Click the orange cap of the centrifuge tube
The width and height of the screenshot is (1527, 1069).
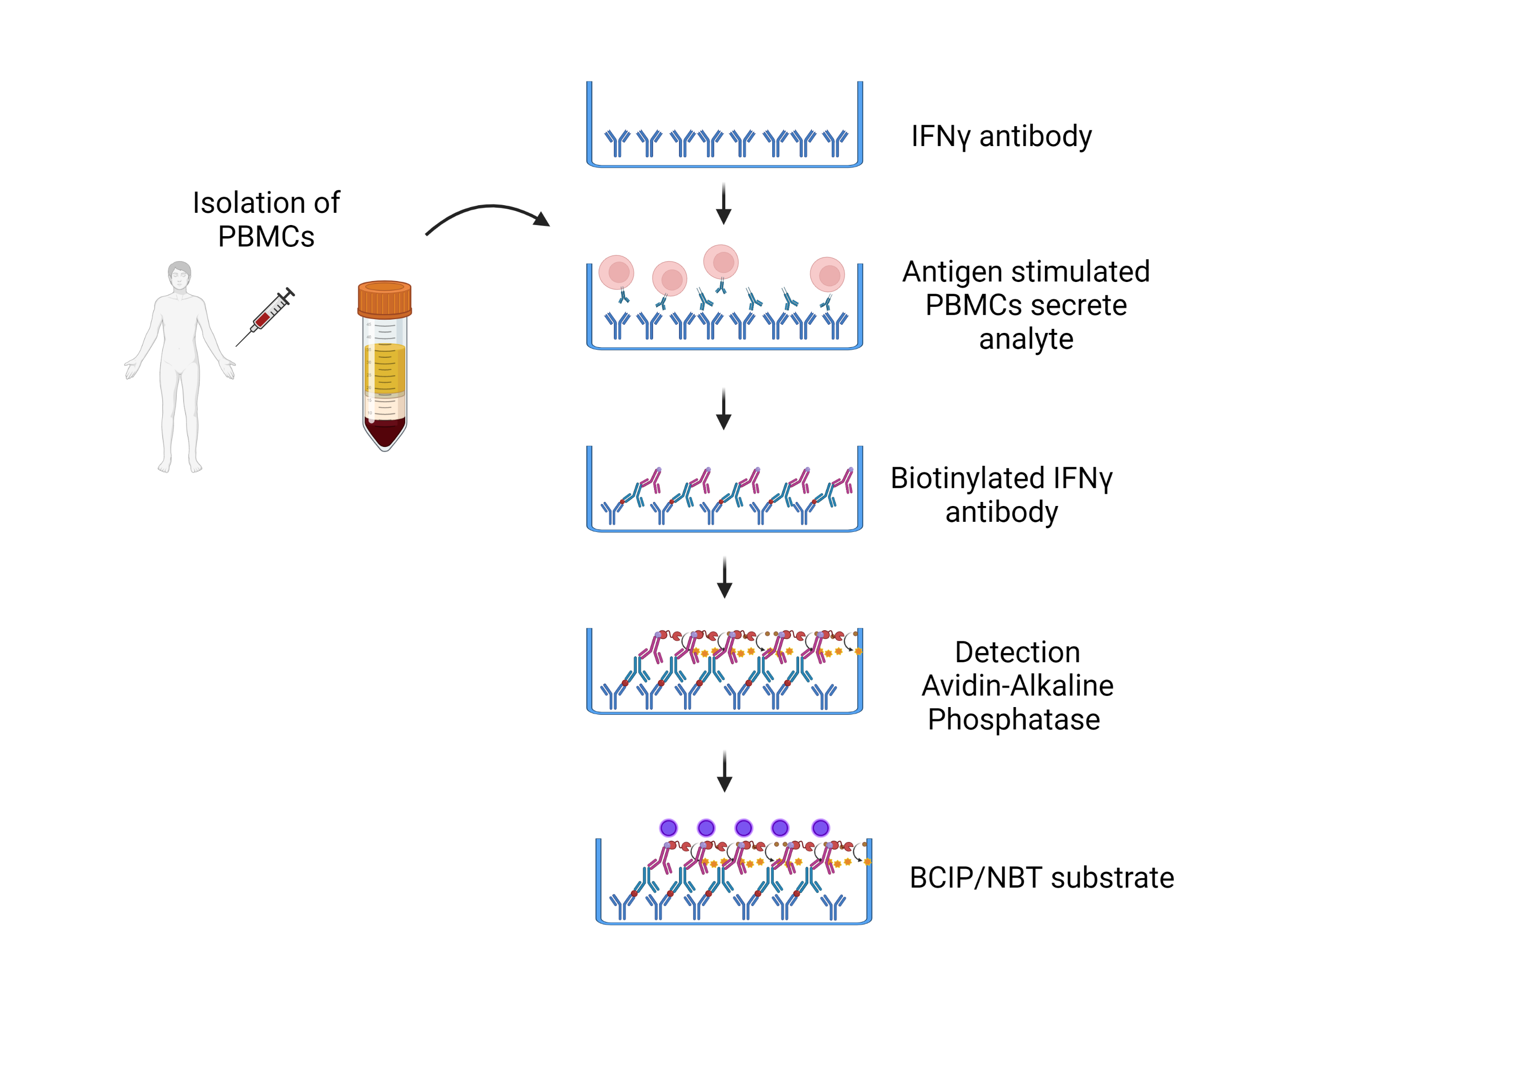click(384, 299)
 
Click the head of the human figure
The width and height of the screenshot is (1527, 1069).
click(180, 275)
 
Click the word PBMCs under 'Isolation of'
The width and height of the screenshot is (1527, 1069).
click(266, 237)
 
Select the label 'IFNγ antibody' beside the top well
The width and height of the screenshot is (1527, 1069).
click(1001, 136)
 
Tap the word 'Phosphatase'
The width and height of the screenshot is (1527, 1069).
click(1013, 720)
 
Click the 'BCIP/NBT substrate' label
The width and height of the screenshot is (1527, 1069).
click(1041, 878)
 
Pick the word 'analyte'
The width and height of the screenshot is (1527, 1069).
click(1026, 339)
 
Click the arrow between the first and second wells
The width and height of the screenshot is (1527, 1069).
click(724, 204)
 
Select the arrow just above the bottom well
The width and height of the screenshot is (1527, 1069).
click(724, 772)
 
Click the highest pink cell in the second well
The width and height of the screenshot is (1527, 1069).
click(721, 262)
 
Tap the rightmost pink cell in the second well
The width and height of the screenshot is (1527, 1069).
click(827, 274)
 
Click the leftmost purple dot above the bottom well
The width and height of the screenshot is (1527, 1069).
click(668, 828)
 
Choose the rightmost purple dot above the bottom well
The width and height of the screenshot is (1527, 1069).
click(821, 828)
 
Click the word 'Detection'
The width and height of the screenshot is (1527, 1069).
click(1017, 653)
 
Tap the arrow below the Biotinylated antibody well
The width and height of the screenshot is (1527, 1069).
click(724, 577)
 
